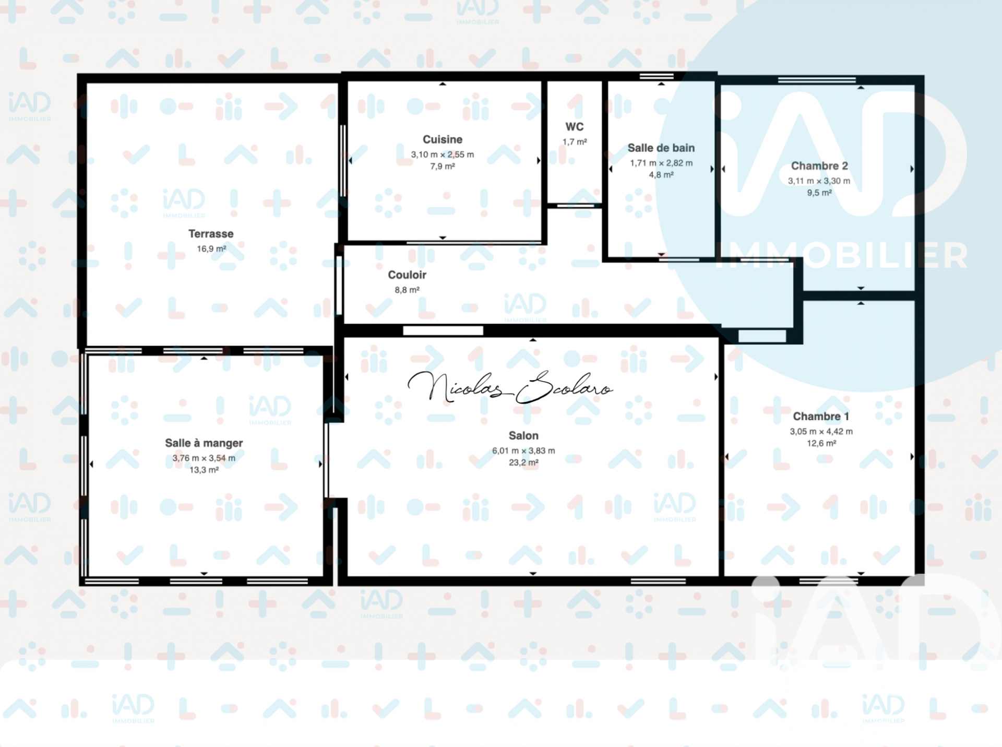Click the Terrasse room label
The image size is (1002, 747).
(x=211, y=234)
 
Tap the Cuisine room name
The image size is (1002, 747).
(x=443, y=139)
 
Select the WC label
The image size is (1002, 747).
(x=575, y=127)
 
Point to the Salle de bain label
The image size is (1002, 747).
(x=661, y=148)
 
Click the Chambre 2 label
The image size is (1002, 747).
(x=819, y=165)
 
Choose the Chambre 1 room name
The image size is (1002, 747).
(x=821, y=416)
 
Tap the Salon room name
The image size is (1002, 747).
(x=523, y=435)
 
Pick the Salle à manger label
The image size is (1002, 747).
(x=204, y=443)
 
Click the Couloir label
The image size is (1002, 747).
(x=407, y=275)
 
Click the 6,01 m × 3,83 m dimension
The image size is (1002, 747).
(x=523, y=450)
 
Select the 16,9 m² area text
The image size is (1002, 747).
(x=211, y=249)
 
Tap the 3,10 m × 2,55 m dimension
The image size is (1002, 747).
(x=443, y=155)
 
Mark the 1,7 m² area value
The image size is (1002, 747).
(x=575, y=142)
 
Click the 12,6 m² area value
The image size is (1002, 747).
(x=821, y=443)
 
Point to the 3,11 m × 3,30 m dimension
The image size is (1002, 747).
(x=819, y=181)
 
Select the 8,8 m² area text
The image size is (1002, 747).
(x=407, y=290)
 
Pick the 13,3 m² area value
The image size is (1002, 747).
(x=204, y=470)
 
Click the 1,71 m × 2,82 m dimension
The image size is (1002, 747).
(x=661, y=163)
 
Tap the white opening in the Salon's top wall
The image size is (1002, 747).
(x=443, y=330)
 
